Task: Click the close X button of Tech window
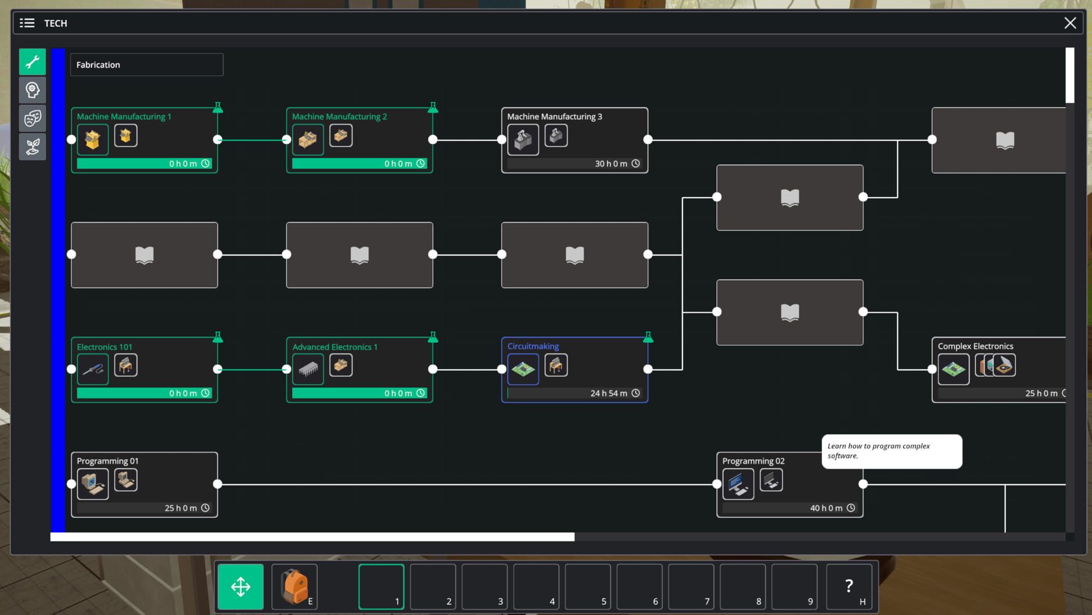click(1070, 23)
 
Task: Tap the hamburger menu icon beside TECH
click(27, 23)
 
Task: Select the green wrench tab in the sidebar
click(33, 62)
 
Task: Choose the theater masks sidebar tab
click(33, 118)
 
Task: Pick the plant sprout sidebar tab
click(33, 146)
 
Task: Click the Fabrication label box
click(146, 65)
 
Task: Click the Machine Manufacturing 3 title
click(554, 116)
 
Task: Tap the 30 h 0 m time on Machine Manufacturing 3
click(610, 164)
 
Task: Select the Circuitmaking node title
click(533, 346)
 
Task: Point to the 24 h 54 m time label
click(608, 394)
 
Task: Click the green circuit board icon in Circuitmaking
click(523, 369)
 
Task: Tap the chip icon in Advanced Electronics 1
click(308, 369)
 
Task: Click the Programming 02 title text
click(753, 461)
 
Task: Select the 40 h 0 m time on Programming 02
click(826, 508)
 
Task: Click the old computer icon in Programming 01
click(93, 484)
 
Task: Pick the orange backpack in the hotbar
click(294, 586)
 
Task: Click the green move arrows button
click(240, 587)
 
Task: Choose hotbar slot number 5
click(587, 587)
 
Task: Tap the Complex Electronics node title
click(975, 346)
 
